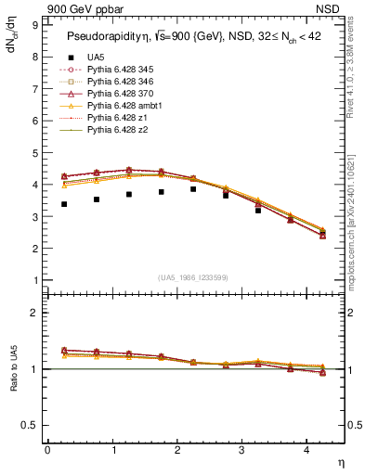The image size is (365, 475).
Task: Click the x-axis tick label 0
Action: (x=47, y=450)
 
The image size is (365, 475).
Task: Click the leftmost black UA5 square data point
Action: (x=63, y=204)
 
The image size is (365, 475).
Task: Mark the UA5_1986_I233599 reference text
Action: (x=194, y=277)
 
